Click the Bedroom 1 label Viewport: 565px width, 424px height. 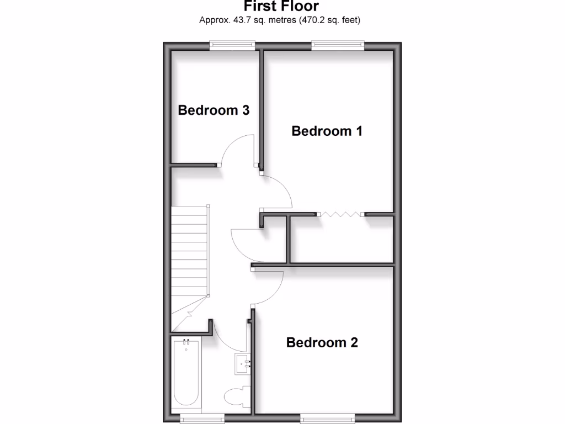(x=327, y=131)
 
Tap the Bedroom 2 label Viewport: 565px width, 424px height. (x=322, y=343)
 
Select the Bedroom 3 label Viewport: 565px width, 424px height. (x=214, y=110)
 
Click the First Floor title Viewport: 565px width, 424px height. (x=281, y=7)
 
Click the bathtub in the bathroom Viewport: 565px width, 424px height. (x=186, y=375)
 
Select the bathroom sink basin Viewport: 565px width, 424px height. (x=243, y=364)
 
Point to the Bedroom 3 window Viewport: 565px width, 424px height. (x=232, y=46)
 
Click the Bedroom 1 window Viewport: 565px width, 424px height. (x=338, y=46)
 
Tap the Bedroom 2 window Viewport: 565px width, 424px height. (x=325, y=419)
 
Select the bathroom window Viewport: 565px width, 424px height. (x=202, y=419)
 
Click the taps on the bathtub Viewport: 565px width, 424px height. (x=186, y=342)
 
